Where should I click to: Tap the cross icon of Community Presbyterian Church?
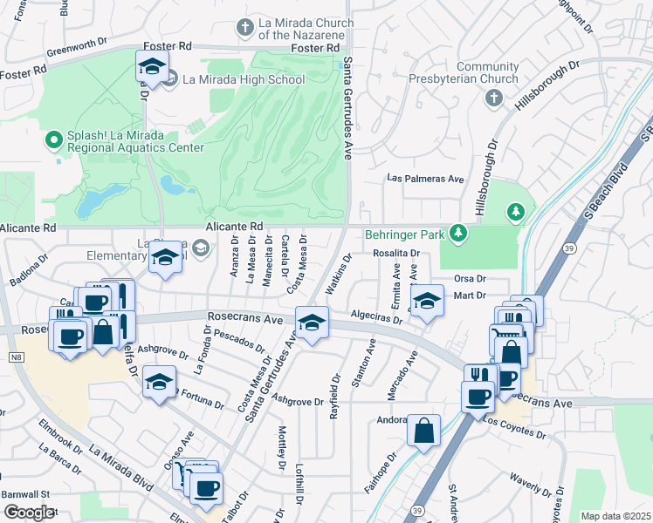pos(494,96)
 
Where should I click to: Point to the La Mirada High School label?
pos(243,80)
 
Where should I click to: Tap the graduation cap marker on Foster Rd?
pos(152,68)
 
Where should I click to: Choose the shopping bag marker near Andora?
pos(423,431)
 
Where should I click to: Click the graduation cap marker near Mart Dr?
pos(425,301)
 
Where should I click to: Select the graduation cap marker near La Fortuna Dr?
pos(159,383)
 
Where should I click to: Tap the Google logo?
pos(28,512)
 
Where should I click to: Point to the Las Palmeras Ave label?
pos(426,179)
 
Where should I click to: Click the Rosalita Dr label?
pos(396,254)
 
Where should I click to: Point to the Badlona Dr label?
pos(29,269)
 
